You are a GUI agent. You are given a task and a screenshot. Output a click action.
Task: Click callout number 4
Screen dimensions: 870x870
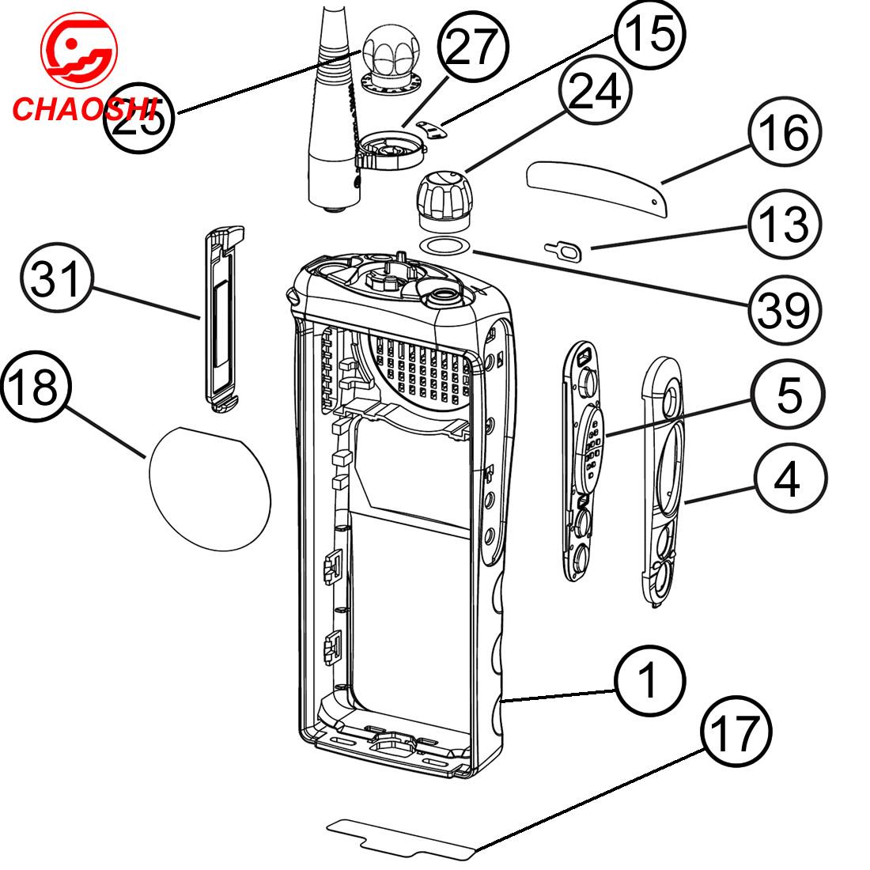click(789, 478)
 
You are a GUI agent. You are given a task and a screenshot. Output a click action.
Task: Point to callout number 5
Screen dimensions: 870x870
click(789, 394)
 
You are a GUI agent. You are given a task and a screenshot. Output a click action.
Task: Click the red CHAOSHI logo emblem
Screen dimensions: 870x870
click(79, 47)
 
